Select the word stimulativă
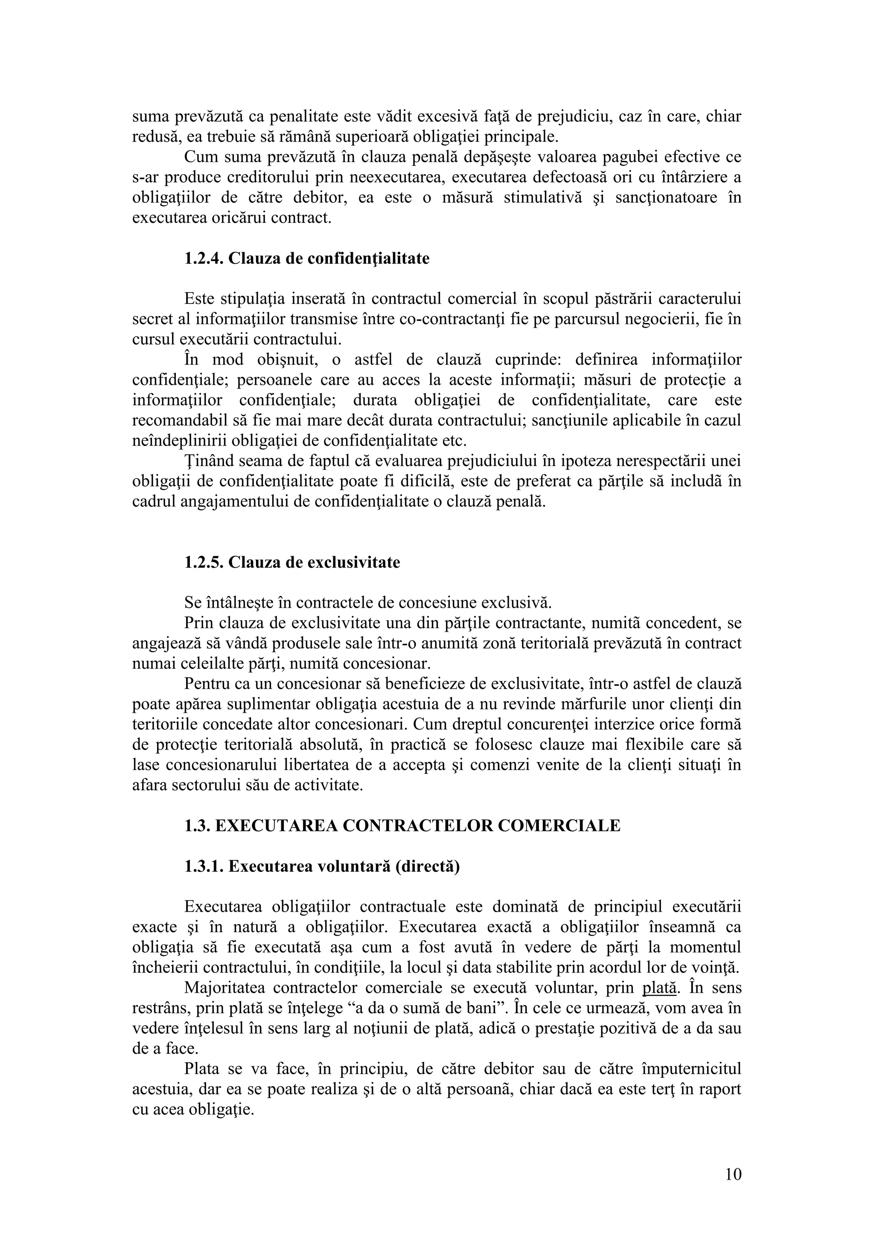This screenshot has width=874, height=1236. [x=542, y=198]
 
